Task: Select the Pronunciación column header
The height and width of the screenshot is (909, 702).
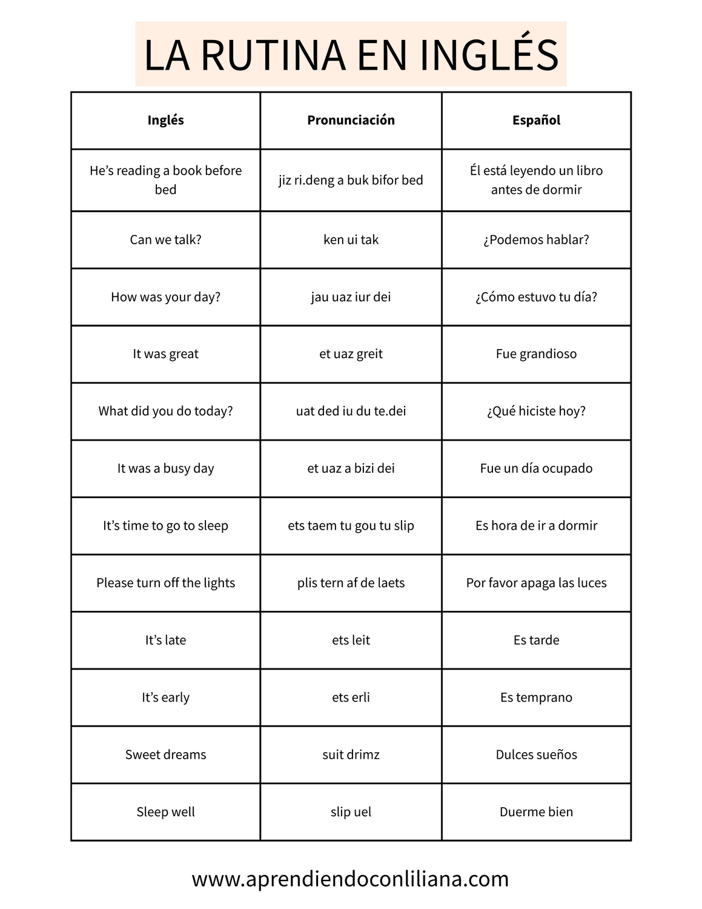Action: tap(351, 120)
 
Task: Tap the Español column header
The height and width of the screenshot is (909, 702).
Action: tap(536, 120)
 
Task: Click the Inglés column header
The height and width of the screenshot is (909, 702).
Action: tap(165, 120)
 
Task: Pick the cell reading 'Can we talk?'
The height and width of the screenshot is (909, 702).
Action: tap(165, 239)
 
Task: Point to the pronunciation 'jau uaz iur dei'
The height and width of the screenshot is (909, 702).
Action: tap(351, 297)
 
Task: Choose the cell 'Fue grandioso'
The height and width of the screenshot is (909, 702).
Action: tap(536, 354)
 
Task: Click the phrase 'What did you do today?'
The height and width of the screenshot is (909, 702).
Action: tap(165, 411)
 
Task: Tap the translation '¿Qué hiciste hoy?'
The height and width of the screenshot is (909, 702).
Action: tap(536, 411)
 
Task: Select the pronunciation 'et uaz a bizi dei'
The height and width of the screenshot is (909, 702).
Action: tap(351, 468)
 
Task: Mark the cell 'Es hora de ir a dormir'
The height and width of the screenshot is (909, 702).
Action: tap(536, 525)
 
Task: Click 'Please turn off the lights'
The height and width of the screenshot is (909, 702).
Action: tap(165, 583)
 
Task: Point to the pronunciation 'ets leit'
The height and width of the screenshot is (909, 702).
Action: tap(351, 640)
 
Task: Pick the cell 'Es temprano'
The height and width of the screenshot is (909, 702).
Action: tap(536, 698)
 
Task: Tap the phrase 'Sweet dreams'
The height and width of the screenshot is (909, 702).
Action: tap(165, 754)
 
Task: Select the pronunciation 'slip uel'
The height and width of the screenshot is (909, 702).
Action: tap(351, 812)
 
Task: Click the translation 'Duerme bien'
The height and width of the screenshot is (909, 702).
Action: tap(536, 812)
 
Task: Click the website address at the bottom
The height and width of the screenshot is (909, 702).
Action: tap(350, 879)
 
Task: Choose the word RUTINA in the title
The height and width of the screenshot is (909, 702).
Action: tap(273, 55)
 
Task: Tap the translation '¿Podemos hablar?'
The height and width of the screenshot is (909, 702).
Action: tap(536, 239)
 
